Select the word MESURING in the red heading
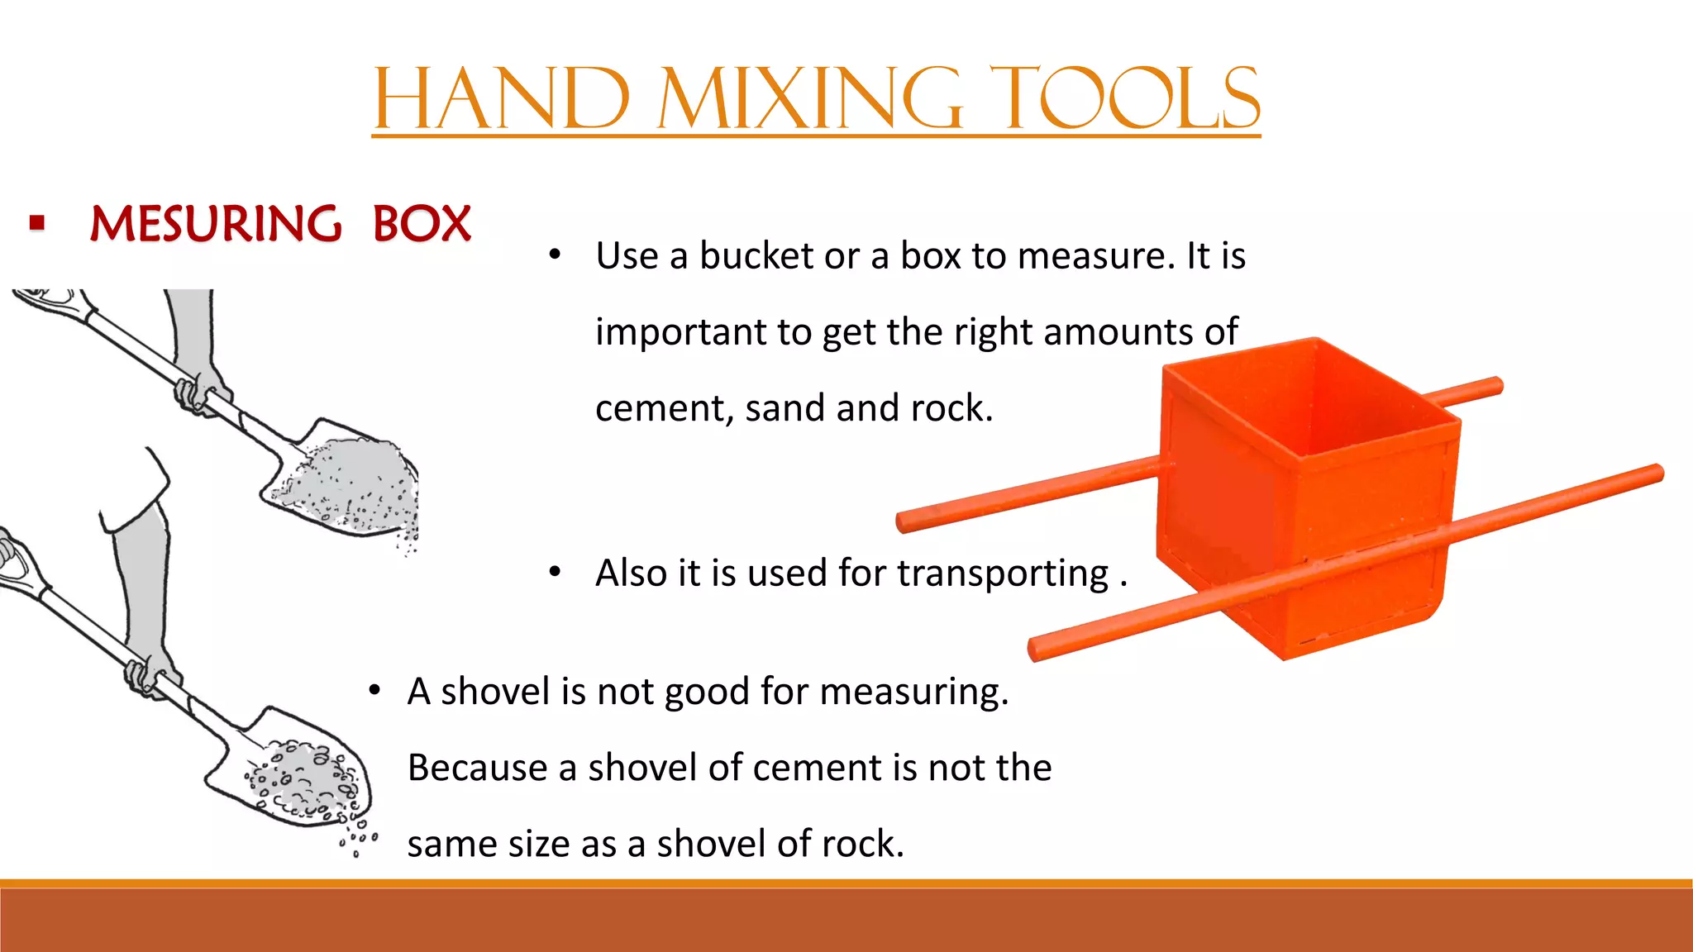215,224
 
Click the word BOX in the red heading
422,224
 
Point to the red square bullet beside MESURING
36,222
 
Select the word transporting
1003,574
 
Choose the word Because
478,768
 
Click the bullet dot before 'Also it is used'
555,572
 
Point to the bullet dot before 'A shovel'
374,690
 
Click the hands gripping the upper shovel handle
198,393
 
